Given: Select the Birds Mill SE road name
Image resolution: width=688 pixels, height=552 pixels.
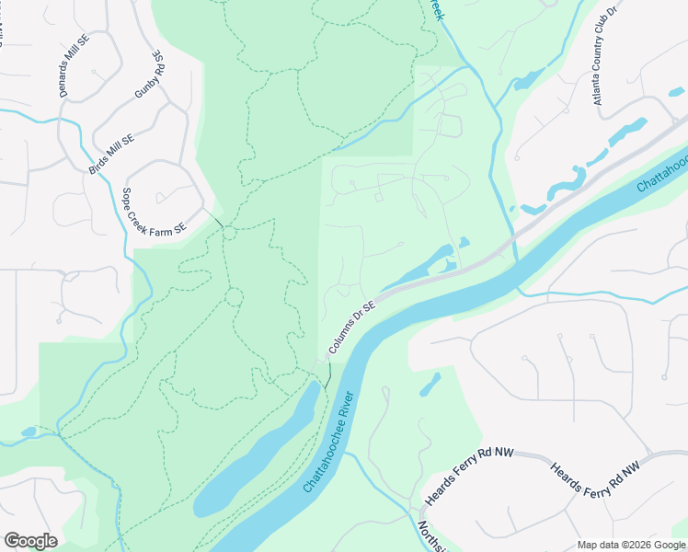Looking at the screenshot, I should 112,154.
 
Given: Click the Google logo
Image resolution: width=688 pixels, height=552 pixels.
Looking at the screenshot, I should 30,541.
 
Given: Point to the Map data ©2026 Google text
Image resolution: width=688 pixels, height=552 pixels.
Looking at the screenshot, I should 631,545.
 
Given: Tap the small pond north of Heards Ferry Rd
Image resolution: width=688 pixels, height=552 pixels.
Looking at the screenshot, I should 430,385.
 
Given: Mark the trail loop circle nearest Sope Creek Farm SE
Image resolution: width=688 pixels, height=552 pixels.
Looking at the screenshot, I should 228,233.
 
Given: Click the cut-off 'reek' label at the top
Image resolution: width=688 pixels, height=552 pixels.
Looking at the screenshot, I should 436,11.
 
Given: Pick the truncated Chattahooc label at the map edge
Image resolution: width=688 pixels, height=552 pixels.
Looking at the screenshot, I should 661,173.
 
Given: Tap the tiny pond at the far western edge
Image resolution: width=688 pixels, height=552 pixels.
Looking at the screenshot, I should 28,431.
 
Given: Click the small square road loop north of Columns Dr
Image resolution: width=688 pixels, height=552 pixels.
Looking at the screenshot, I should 378,196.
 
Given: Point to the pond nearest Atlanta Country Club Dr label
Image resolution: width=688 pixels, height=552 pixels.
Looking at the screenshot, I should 628,131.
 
